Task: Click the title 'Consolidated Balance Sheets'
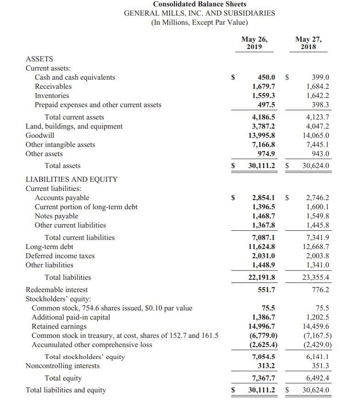pos(200,4)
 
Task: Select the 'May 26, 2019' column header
pos(254,43)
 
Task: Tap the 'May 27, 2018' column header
pos(308,43)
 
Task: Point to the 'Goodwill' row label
pos(40,136)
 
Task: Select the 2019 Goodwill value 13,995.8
pos(262,136)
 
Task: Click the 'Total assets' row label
pos(62,166)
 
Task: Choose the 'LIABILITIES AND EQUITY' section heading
pos(71,179)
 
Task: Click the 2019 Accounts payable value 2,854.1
pos(264,198)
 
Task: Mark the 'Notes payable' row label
pos(56,216)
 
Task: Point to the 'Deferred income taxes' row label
pos(60,256)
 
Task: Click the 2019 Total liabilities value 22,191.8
pos(262,277)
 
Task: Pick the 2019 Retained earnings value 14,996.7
pos(262,326)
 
